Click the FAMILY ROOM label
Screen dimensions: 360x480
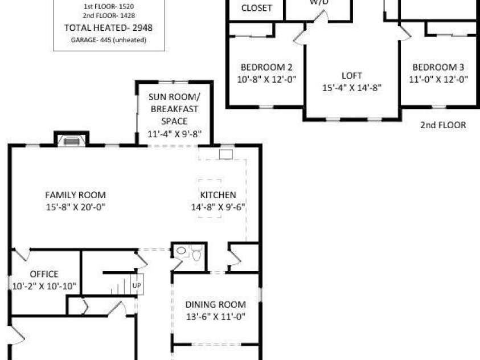[76, 195]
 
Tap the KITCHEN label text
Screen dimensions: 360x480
[218, 195]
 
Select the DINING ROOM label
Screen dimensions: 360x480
[216, 304]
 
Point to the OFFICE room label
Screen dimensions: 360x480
[44, 274]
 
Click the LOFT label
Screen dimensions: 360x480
[351, 75]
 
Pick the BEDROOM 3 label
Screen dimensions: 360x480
[438, 66]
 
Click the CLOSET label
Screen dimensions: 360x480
[257, 9]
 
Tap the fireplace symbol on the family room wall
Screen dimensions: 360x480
[71, 141]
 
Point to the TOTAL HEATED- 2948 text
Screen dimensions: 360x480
[108, 27]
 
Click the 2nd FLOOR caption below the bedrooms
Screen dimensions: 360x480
[443, 125]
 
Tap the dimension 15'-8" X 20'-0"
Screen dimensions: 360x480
[76, 207]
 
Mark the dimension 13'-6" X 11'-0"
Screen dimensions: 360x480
[216, 317]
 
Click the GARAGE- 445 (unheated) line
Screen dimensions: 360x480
[108, 40]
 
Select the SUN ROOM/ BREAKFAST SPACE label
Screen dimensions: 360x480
[174, 108]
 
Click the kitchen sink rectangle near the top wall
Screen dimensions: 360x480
[226, 154]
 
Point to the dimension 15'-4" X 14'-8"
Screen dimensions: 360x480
[351, 88]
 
